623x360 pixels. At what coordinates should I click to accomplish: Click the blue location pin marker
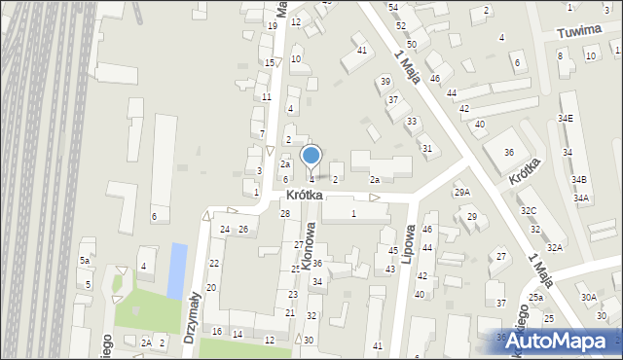tap(311, 157)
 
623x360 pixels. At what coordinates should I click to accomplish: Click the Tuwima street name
tap(575, 32)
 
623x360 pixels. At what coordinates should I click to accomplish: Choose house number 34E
tap(566, 119)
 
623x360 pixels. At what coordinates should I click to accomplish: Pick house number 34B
tap(579, 180)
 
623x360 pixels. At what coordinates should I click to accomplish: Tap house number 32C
tap(529, 211)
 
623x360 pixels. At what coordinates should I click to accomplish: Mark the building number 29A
tap(462, 193)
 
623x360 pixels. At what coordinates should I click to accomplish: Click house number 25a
tap(535, 298)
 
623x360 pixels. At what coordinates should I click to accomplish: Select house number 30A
tap(589, 298)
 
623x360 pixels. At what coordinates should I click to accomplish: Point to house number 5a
tap(85, 261)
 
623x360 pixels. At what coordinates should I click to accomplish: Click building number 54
tap(393, 8)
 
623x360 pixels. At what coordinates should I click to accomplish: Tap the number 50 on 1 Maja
tap(412, 45)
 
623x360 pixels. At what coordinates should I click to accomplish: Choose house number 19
tap(272, 26)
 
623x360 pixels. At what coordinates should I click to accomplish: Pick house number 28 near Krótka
tap(285, 214)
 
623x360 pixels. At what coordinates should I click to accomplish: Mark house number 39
tap(385, 82)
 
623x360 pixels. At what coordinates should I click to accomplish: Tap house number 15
tap(270, 63)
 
